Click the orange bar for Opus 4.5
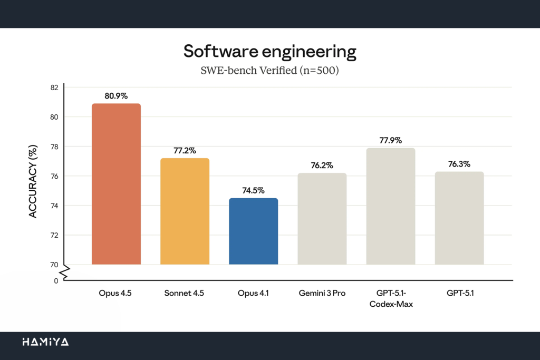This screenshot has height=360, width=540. (x=116, y=184)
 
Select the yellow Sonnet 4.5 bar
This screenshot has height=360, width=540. (x=185, y=211)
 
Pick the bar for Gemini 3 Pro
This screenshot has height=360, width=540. (x=322, y=218)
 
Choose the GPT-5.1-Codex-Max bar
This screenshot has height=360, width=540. (x=390, y=206)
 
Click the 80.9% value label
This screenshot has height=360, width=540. (x=116, y=96)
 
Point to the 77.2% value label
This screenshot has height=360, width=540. (x=185, y=151)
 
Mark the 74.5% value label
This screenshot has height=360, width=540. (x=253, y=191)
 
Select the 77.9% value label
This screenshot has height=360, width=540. (x=390, y=141)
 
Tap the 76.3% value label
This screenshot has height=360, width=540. (x=459, y=164)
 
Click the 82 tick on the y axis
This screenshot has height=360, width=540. (x=54, y=87)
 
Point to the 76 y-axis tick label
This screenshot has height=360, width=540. (x=54, y=176)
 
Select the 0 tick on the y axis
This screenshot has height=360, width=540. (x=56, y=281)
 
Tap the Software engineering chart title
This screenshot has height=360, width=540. (x=269, y=52)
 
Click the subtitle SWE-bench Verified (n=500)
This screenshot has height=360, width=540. (x=269, y=70)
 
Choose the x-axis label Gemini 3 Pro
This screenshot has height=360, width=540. (x=322, y=293)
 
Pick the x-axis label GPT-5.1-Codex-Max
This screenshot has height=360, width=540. (x=390, y=298)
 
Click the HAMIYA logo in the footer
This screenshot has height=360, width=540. (x=45, y=342)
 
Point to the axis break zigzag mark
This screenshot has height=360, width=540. (x=64, y=273)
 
